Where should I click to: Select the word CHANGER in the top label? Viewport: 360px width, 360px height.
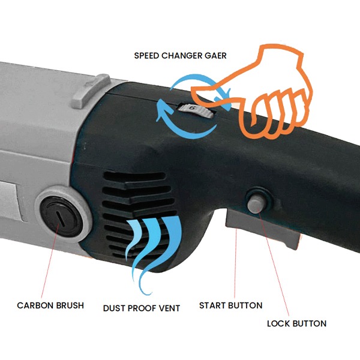[182, 56]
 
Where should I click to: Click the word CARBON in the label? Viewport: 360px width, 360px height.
[35, 305]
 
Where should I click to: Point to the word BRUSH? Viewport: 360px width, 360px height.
[70, 305]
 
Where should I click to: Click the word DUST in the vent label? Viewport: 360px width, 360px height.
[114, 308]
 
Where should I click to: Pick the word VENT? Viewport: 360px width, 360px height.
[169, 308]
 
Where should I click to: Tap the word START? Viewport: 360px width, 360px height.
[212, 305]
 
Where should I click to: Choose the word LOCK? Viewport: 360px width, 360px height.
[278, 323]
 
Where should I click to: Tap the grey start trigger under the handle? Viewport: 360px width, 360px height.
[262, 227]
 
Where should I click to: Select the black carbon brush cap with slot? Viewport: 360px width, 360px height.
[61, 217]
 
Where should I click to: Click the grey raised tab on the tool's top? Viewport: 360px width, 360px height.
[92, 91]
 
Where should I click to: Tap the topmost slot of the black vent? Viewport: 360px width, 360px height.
[135, 176]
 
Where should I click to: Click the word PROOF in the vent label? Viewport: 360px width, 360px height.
[141, 308]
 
